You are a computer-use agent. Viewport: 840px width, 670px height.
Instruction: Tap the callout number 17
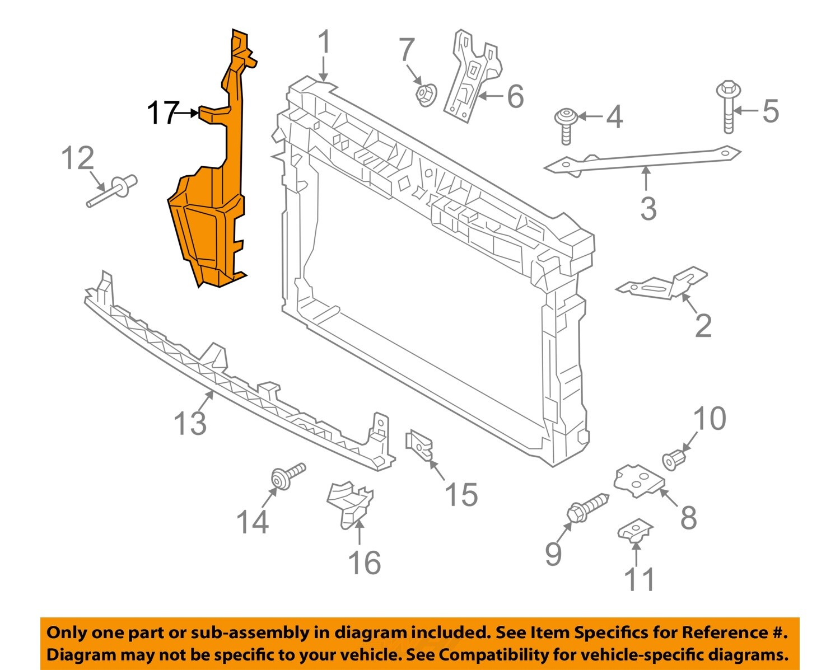pos(162,114)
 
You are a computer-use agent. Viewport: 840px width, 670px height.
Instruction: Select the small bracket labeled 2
pos(664,284)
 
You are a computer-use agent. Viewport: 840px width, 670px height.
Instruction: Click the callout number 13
pos(190,423)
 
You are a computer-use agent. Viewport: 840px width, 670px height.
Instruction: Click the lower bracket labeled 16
pos(350,501)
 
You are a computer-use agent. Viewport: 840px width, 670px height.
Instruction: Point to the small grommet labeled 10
pos(674,458)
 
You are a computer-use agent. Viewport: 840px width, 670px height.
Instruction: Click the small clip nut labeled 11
pos(634,530)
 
